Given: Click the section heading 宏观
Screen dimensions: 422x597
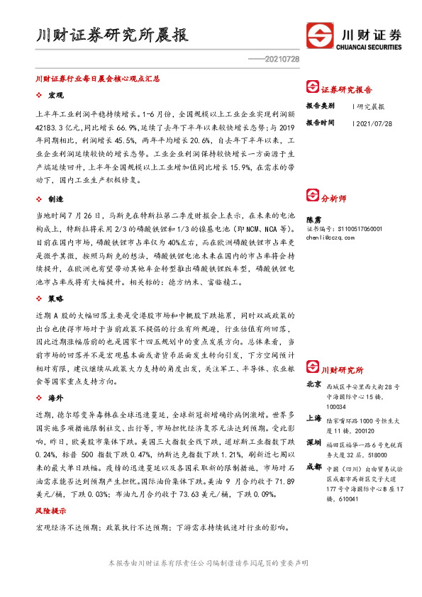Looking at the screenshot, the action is [x=56, y=94].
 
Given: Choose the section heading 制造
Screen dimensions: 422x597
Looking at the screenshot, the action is [x=56, y=200].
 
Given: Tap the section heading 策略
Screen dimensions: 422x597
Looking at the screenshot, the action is [x=56, y=300].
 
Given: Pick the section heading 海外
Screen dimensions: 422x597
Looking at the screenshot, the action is [x=56, y=399].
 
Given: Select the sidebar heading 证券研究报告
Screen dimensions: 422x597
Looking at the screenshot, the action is [x=347, y=90].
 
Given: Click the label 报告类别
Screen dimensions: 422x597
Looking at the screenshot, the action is [x=321, y=106].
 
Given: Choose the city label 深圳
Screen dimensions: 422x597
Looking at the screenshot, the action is [x=313, y=442].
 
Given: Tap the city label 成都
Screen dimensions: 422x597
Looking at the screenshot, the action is [x=313, y=467].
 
